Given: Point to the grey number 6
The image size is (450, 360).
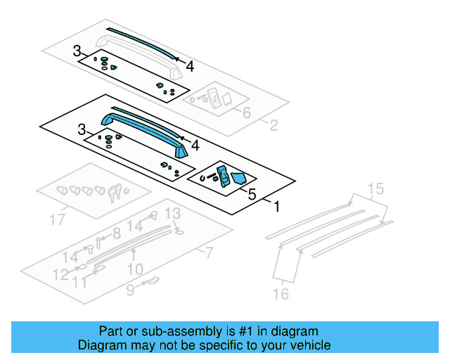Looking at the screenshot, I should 246,113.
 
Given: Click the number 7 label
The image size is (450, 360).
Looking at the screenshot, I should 209,252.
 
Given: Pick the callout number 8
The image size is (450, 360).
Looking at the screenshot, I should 117,233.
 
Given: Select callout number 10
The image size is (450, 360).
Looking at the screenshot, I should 135,269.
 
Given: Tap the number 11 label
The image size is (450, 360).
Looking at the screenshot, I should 81,283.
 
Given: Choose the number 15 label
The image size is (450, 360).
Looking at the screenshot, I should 377,188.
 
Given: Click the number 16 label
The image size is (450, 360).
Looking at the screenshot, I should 281,294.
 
